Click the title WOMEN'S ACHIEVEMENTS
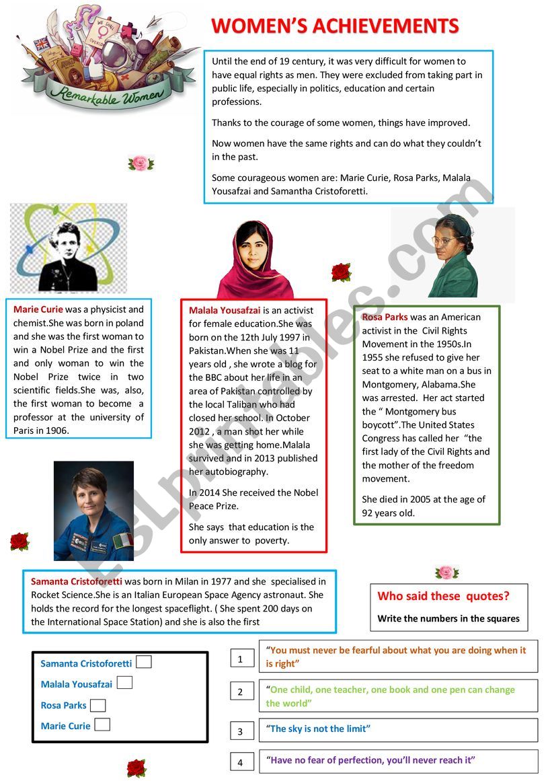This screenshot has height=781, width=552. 335,26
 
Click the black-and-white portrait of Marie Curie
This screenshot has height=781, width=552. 68,248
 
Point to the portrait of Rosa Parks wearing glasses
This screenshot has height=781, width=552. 452,256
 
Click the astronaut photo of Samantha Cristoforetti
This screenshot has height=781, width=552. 93,511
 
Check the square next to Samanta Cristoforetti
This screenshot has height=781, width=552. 143,662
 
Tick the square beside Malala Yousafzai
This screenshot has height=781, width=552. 124,683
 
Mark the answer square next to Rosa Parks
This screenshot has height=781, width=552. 98,705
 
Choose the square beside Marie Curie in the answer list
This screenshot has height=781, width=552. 102,724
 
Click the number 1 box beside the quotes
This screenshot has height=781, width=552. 241,659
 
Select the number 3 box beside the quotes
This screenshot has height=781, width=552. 241,731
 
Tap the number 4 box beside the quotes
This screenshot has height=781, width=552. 241,762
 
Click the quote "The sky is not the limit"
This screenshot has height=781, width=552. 319,729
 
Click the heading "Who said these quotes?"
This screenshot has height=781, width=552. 443,596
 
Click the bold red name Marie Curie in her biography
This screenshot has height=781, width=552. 38,309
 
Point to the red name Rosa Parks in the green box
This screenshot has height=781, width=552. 385,317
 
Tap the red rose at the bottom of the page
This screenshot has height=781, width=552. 136,768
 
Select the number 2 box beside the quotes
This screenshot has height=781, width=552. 241,692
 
